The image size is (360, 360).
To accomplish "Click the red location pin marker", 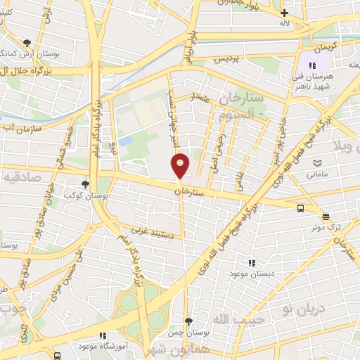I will (181, 165).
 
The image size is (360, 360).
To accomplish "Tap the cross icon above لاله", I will (284, 13).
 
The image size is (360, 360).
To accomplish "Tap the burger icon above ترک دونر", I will (325, 217).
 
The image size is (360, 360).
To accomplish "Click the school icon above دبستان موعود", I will (251, 262).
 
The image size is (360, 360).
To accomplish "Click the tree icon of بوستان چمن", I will (187, 321).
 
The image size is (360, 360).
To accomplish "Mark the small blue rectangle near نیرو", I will (125, 141).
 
